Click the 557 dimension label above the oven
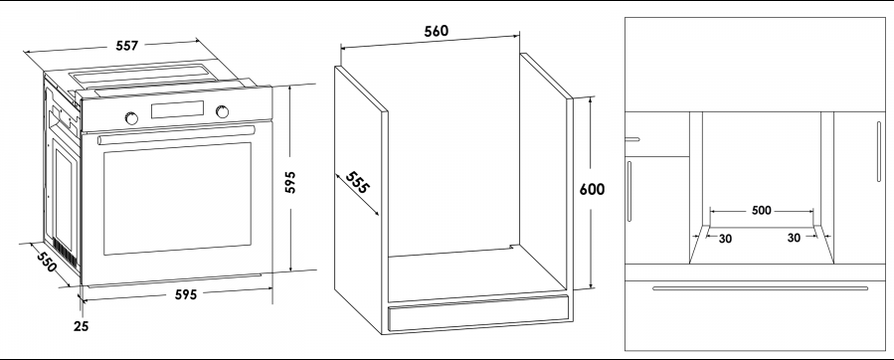pos(126,46)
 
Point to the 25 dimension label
pos(81,326)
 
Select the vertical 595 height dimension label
pos(290,182)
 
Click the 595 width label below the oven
pos(185,294)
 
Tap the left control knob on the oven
pos(131,118)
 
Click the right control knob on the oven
pos(223,111)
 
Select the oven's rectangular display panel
pos(177,109)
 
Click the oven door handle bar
pos(177,134)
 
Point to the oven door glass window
pos(177,198)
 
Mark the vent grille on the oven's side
pos(65,253)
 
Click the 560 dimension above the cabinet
pos(437,31)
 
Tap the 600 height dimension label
pos(592,189)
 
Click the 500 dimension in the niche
pos(761,211)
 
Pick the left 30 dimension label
pos(725,239)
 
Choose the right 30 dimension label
pos(794,238)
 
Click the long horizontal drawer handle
pos(760,288)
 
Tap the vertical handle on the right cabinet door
pos(879,152)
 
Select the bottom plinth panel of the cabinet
pos(477,313)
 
